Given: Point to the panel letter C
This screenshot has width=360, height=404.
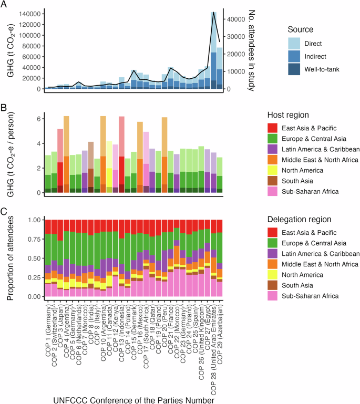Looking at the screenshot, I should point(5,212).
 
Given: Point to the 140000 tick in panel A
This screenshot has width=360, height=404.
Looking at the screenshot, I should point(29,14).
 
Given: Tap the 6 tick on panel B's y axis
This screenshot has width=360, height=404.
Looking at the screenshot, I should point(37,119).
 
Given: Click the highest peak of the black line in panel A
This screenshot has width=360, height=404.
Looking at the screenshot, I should point(214,13).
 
